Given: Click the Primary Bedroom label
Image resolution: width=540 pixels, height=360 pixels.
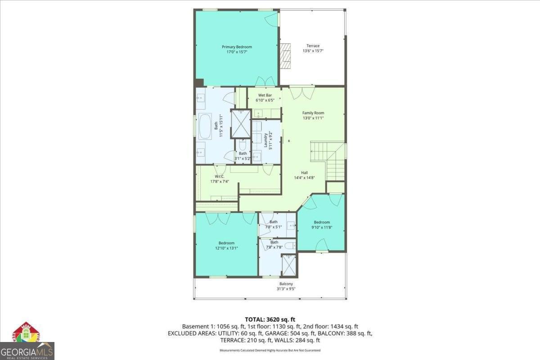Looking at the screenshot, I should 237,47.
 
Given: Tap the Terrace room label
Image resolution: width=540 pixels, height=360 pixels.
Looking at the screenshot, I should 313,46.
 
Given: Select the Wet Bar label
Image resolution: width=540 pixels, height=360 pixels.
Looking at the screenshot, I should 265,95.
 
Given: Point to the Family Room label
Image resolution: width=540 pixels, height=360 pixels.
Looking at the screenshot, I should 313,113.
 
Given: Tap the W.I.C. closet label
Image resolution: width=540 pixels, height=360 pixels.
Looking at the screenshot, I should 220,176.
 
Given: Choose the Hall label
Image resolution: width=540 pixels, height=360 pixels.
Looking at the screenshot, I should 305,172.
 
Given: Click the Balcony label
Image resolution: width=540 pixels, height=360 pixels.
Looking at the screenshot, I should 286,284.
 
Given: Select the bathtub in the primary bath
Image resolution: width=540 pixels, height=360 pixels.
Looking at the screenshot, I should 205,127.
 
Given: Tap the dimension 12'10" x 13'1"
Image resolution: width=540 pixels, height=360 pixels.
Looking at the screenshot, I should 227,248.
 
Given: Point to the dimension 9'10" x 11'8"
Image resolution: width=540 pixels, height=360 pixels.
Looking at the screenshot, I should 322,227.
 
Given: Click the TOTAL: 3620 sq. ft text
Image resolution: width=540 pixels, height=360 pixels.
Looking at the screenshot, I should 270,319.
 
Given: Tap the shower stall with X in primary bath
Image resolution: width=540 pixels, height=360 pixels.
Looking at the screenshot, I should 240,123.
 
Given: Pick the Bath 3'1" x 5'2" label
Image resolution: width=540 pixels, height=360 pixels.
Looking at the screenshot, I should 243,156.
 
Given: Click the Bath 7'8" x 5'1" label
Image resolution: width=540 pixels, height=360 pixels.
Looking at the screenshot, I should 274,224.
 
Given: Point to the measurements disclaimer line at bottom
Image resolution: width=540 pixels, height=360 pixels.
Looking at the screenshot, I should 270,350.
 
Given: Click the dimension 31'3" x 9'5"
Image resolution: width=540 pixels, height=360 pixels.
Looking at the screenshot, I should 286,289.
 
